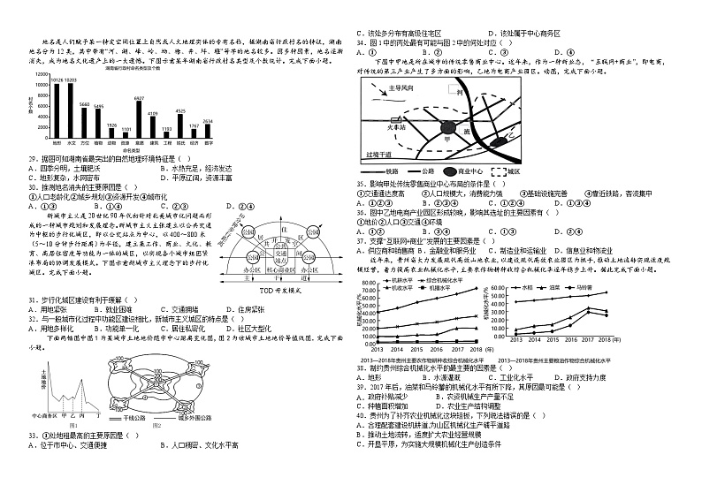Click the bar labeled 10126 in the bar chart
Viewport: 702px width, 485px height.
point(57,110)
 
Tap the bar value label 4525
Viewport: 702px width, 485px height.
point(180,111)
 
